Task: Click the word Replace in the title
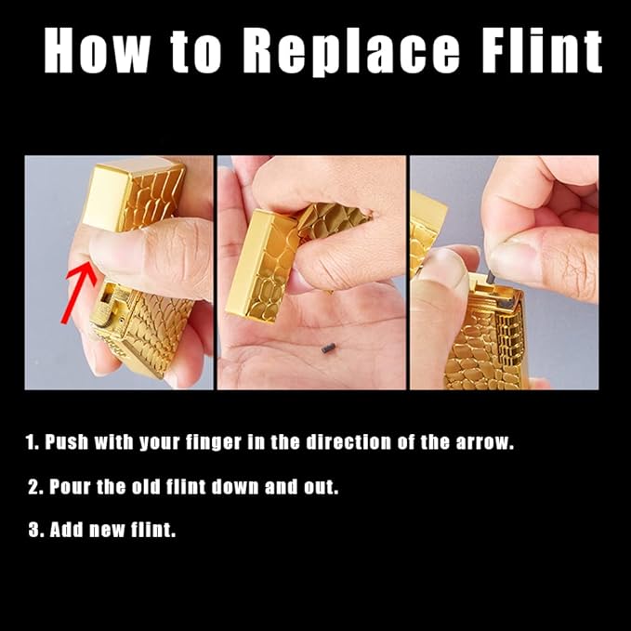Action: (x=350, y=51)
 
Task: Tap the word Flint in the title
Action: (x=542, y=50)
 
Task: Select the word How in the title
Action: (x=97, y=50)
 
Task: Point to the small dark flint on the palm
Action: (x=328, y=348)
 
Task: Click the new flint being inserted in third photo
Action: (x=491, y=277)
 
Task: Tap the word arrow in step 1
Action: (x=484, y=442)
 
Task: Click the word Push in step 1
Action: (x=66, y=441)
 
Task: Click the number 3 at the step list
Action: (x=33, y=530)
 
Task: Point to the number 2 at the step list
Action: (x=33, y=487)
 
